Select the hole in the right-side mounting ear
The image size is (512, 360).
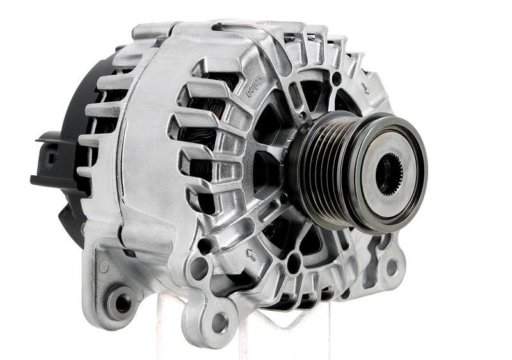(x=391, y=267)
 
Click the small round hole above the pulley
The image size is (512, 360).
(x=337, y=79)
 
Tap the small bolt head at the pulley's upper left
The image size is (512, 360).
(x=300, y=118)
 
